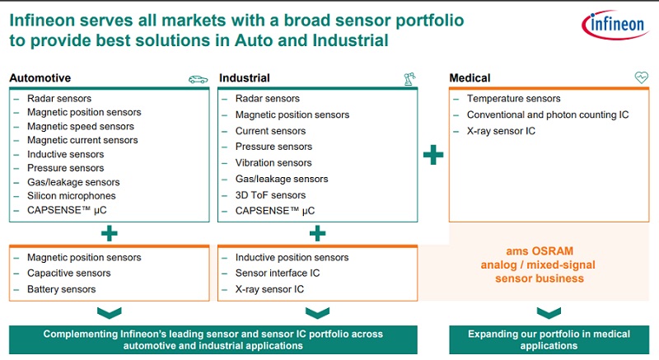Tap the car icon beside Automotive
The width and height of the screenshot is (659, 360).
click(198, 79)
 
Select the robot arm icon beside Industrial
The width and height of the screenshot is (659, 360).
click(409, 79)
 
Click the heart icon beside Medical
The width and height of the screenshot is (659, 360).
click(642, 78)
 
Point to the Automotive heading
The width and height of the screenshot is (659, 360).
click(40, 78)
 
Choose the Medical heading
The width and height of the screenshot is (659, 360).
click(470, 78)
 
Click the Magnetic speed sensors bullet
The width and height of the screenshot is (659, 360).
click(81, 126)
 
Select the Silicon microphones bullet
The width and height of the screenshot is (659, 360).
click(71, 196)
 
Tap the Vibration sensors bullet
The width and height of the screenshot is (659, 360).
click(273, 163)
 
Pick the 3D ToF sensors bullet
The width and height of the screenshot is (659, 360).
click(270, 195)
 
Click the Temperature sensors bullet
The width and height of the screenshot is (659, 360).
click(513, 99)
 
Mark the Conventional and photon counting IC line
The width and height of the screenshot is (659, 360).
click(547, 115)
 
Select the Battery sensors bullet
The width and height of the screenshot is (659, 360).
click(61, 289)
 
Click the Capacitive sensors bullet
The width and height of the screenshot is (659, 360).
click(68, 274)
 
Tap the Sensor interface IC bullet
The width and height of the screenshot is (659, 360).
click(277, 274)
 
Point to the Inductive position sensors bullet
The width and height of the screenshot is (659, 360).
click(292, 258)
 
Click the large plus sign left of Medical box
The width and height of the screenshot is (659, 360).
click(433, 155)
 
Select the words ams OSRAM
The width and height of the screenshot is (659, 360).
click(540, 251)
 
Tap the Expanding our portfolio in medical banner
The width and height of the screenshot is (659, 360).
click(549, 339)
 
